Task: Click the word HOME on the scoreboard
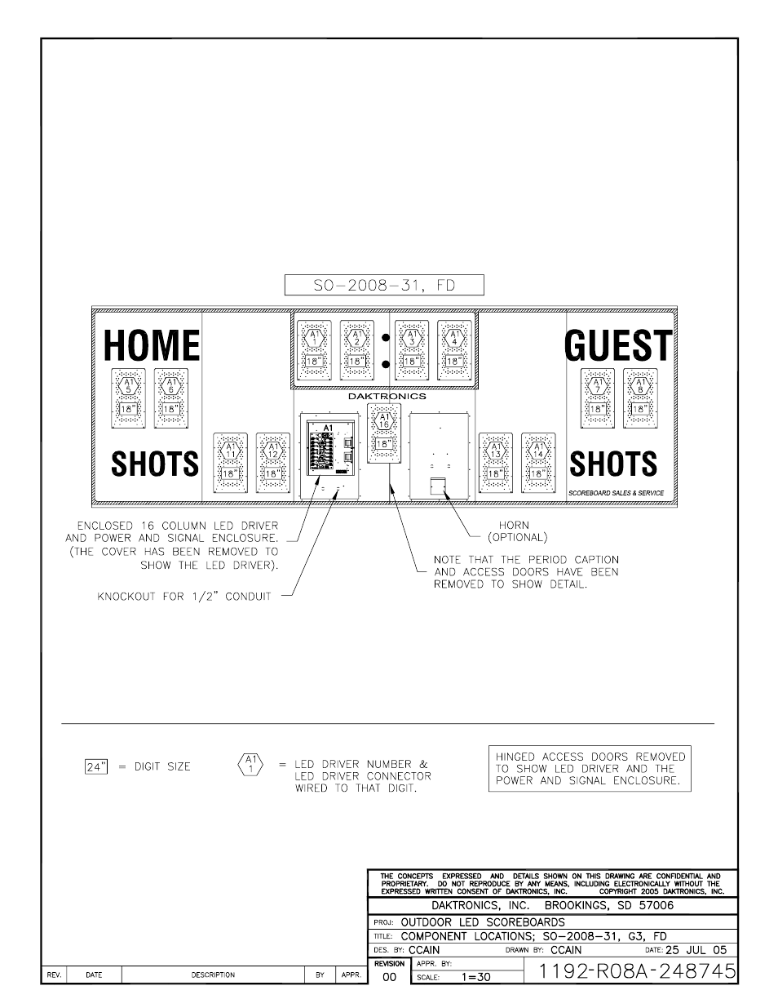152,345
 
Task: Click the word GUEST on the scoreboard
618,345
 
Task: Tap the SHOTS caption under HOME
155,464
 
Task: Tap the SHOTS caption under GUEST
613,464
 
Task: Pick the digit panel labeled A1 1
314,349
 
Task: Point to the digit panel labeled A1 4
454,349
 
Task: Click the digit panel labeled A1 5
128,397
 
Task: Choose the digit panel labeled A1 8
640,397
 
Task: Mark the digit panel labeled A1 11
231,463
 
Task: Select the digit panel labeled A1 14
538,463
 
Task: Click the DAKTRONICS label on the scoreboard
387,396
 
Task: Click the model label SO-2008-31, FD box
384,285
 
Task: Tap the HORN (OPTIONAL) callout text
514,531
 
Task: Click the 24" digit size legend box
96,766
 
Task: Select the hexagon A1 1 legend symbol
249,765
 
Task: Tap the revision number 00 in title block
389,976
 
